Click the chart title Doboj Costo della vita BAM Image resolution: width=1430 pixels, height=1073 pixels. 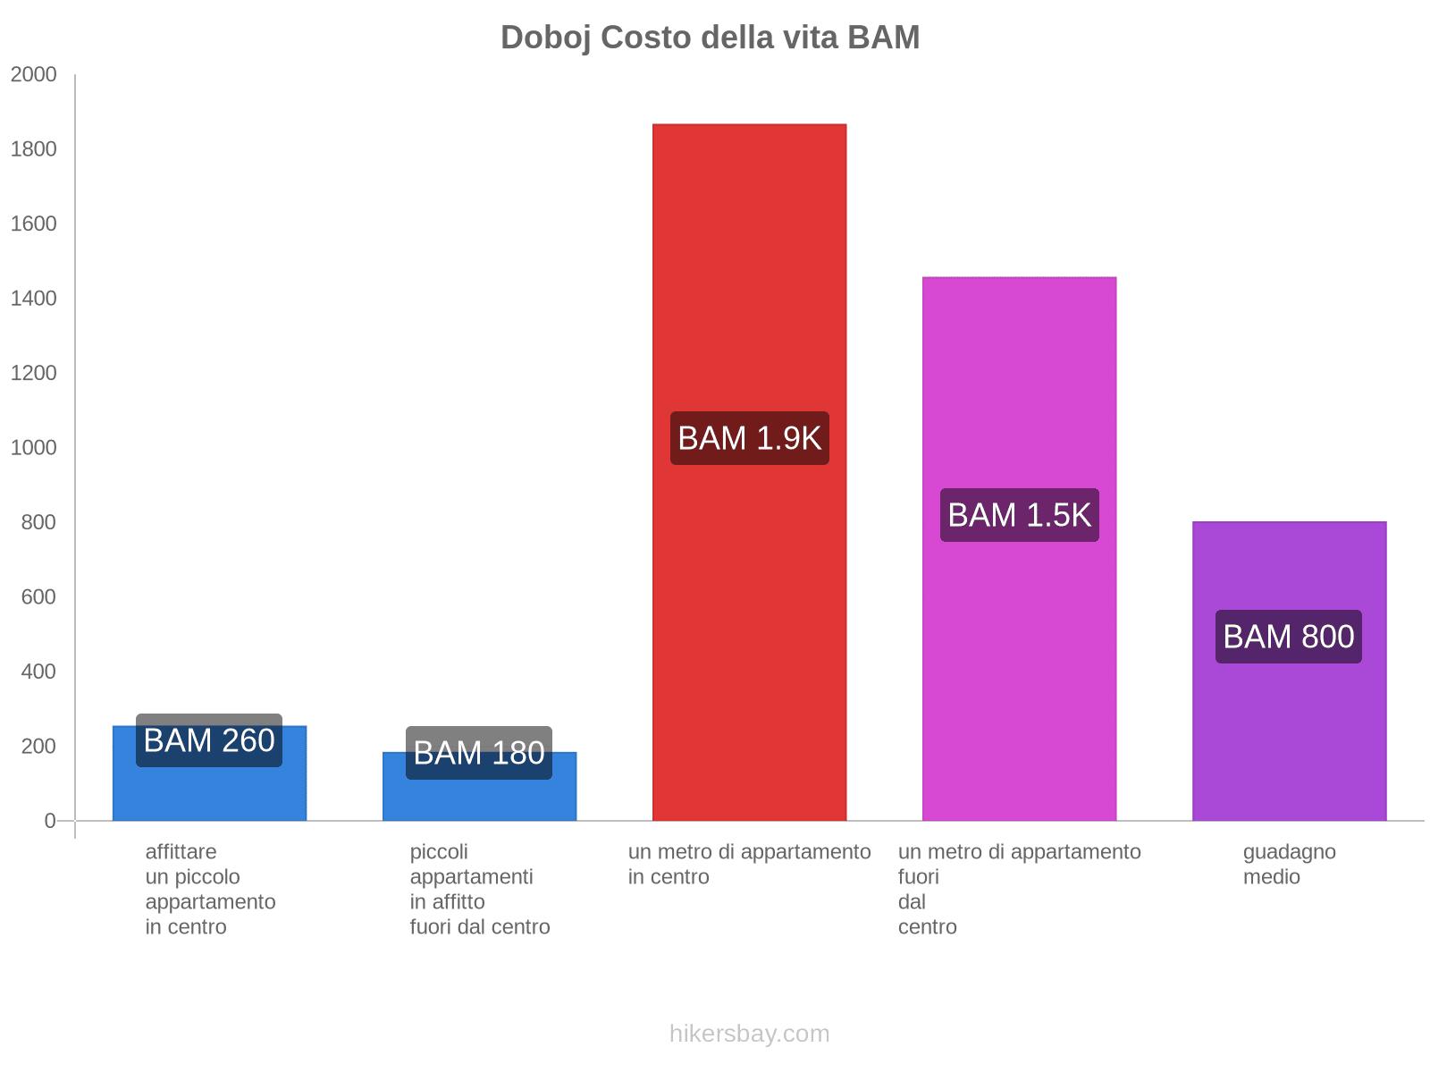coord(710,38)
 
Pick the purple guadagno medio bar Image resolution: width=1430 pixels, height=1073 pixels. coord(1289,733)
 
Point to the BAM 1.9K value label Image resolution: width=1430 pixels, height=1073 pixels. coord(749,438)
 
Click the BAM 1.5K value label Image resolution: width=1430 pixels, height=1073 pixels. coord(1019,515)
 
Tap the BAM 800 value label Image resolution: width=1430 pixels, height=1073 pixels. coord(1288,637)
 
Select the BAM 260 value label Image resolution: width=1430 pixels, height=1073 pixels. coord(209,740)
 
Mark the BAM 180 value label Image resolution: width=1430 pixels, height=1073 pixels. coord(479,753)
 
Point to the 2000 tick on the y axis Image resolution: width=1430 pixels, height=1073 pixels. coord(34,75)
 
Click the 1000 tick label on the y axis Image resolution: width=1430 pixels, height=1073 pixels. coord(34,448)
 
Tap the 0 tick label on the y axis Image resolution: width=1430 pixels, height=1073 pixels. coord(50,821)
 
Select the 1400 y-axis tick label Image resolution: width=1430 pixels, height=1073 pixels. coord(34,299)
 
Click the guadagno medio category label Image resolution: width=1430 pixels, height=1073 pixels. coord(1289,864)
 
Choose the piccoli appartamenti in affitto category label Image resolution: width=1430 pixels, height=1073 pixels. coord(479,889)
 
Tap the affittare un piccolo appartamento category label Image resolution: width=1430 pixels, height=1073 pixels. coord(210,889)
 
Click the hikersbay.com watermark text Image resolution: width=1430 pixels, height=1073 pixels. coord(749,1034)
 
